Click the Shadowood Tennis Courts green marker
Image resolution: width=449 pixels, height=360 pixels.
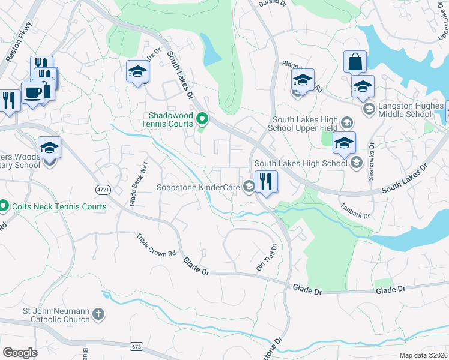pos(202,119)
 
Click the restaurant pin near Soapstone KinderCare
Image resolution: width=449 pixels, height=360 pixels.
pos(266,181)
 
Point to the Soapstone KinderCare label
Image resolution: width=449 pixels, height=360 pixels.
pos(198,187)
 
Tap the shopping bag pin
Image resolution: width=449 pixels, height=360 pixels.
pos(355,62)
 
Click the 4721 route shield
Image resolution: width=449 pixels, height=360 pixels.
pos(103,189)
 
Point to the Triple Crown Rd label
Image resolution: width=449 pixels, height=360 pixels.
pos(156,245)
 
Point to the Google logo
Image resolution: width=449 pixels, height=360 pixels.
pos(20,352)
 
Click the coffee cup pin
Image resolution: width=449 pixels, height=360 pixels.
pos(31,93)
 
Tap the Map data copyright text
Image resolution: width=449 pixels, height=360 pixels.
pos(424,355)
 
